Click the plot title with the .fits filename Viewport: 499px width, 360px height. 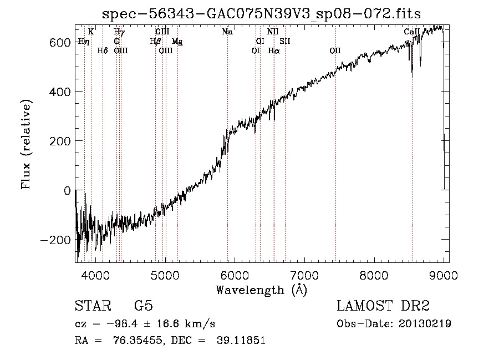tap(262, 14)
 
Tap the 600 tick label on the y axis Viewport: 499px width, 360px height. tap(60, 43)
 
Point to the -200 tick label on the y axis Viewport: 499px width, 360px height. tap(55, 240)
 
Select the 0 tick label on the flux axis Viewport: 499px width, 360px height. tap(67, 191)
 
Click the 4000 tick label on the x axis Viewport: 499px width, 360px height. tap(95, 275)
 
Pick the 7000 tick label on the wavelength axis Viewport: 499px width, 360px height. tap(304, 275)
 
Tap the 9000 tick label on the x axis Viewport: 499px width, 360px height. tap(444, 275)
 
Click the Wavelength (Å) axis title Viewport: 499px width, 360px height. tap(262, 290)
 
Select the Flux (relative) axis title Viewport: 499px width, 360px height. tap(26, 144)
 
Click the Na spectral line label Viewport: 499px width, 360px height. tap(227, 32)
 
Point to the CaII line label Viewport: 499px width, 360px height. tap(412, 32)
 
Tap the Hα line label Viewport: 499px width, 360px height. tap(274, 51)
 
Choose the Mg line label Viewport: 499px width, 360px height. tap(177, 42)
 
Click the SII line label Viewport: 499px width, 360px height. tap(285, 42)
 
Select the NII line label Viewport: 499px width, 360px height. tap(273, 32)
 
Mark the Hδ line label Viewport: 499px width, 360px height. tap(103, 51)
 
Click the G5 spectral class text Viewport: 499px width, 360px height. tap(144, 306)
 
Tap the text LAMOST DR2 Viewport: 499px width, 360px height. tap(383, 306)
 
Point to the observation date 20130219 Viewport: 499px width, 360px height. tap(425, 324)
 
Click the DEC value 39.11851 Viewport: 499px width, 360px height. tap(241, 341)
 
